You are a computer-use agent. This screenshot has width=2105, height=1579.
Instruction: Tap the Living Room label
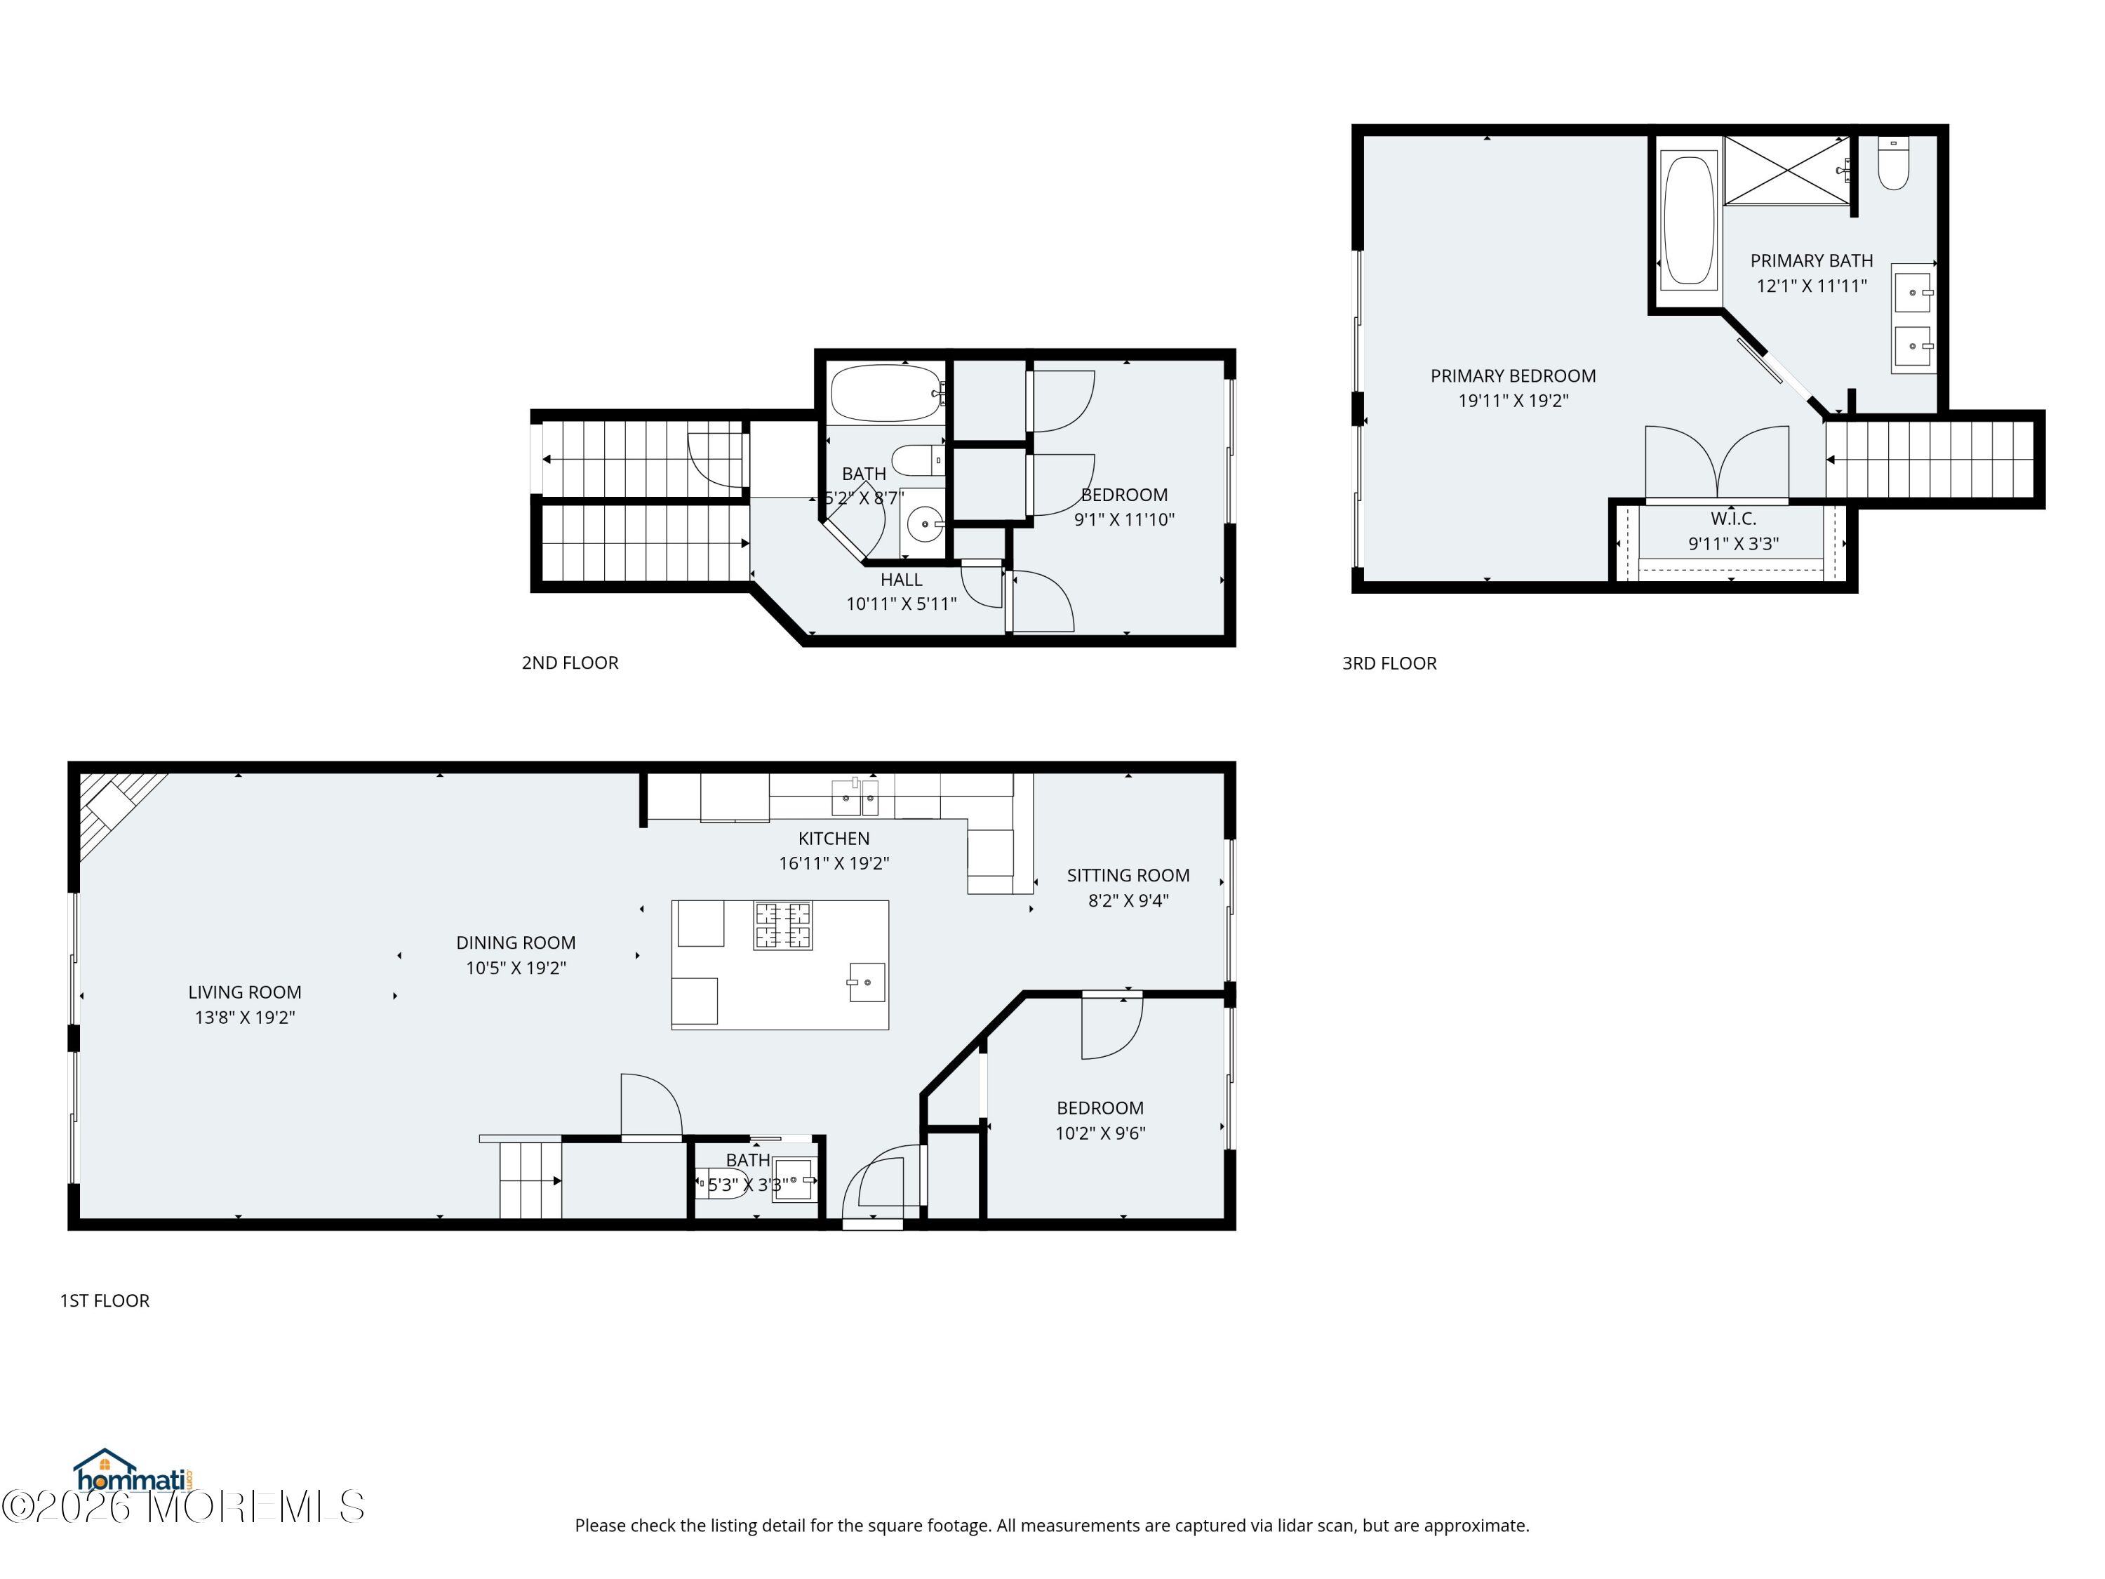(245, 992)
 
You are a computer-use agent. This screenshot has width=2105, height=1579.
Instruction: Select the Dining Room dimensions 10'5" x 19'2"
(516, 968)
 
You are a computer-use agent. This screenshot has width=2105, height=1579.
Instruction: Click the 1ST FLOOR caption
(105, 1301)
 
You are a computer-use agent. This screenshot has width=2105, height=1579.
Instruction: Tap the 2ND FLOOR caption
(570, 663)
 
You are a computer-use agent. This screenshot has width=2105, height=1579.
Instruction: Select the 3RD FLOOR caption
(1389, 663)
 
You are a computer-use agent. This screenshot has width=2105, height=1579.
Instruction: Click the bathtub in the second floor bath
(886, 393)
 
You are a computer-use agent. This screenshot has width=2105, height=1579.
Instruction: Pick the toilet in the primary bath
(1893, 164)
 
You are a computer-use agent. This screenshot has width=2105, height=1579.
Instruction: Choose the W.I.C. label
(1733, 519)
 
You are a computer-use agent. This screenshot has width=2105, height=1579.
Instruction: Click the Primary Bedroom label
(1513, 376)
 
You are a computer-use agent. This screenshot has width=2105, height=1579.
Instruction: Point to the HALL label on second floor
(901, 580)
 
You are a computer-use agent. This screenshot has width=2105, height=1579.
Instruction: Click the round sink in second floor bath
(924, 524)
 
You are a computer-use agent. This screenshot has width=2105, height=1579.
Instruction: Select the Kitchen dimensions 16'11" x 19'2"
(834, 863)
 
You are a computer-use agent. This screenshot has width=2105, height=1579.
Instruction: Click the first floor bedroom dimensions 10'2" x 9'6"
(1100, 1133)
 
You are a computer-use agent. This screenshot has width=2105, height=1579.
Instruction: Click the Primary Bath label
(1811, 261)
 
